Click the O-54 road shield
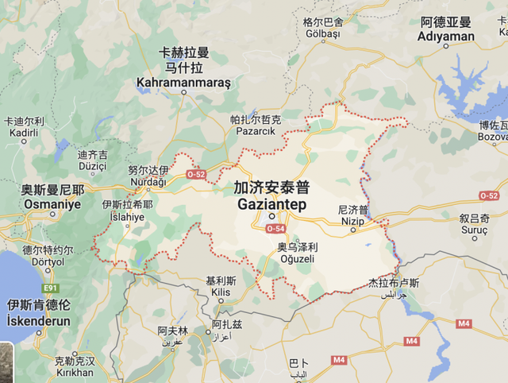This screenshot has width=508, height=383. (275, 229)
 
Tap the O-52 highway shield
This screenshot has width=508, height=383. (195, 173)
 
